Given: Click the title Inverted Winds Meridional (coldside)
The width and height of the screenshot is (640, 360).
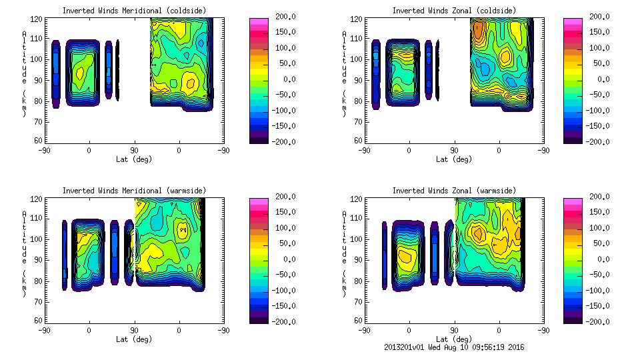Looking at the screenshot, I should (135, 11).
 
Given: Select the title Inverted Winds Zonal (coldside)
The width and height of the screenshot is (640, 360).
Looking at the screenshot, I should (454, 11).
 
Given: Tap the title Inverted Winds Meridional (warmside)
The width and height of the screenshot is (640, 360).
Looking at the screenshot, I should (135, 191).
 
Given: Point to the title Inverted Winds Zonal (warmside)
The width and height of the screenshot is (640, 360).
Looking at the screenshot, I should (454, 191).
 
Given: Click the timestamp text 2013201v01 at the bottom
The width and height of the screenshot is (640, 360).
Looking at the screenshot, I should (407, 347).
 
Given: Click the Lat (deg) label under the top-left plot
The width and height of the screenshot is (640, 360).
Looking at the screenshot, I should (135, 159).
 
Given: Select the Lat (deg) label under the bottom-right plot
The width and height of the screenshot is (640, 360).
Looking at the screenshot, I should (454, 339).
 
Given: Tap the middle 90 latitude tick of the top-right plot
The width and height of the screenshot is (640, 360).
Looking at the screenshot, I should (455, 151).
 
